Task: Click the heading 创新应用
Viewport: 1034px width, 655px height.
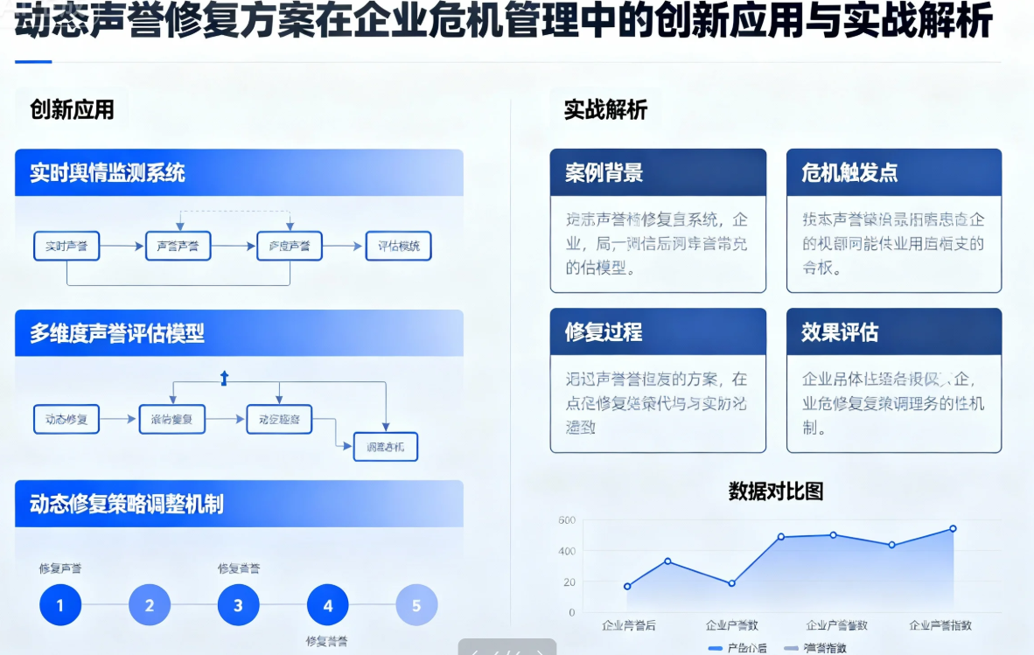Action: click(x=72, y=110)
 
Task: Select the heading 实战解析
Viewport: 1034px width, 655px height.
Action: click(x=605, y=110)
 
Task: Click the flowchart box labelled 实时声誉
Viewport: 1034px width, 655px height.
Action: click(x=66, y=247)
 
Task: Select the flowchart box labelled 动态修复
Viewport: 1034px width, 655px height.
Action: click(x=66, y=419)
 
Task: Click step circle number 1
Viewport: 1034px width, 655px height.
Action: click(x=59, y=605)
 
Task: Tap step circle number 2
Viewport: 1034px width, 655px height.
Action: click(x=150, y=605)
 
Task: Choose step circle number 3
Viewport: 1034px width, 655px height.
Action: click(x=238, y=605)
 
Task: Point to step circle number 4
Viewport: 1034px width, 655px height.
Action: click(x=328, y=605)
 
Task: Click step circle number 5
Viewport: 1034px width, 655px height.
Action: click(x=416, y=605)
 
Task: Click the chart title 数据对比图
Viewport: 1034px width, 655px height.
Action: click(x=776, y=491)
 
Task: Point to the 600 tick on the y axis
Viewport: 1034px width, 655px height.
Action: click(x=566, y=520)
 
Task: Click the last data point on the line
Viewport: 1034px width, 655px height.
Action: click(x=953, y=528)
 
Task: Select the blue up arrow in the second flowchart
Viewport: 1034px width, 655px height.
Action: click(x=224, y=378)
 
